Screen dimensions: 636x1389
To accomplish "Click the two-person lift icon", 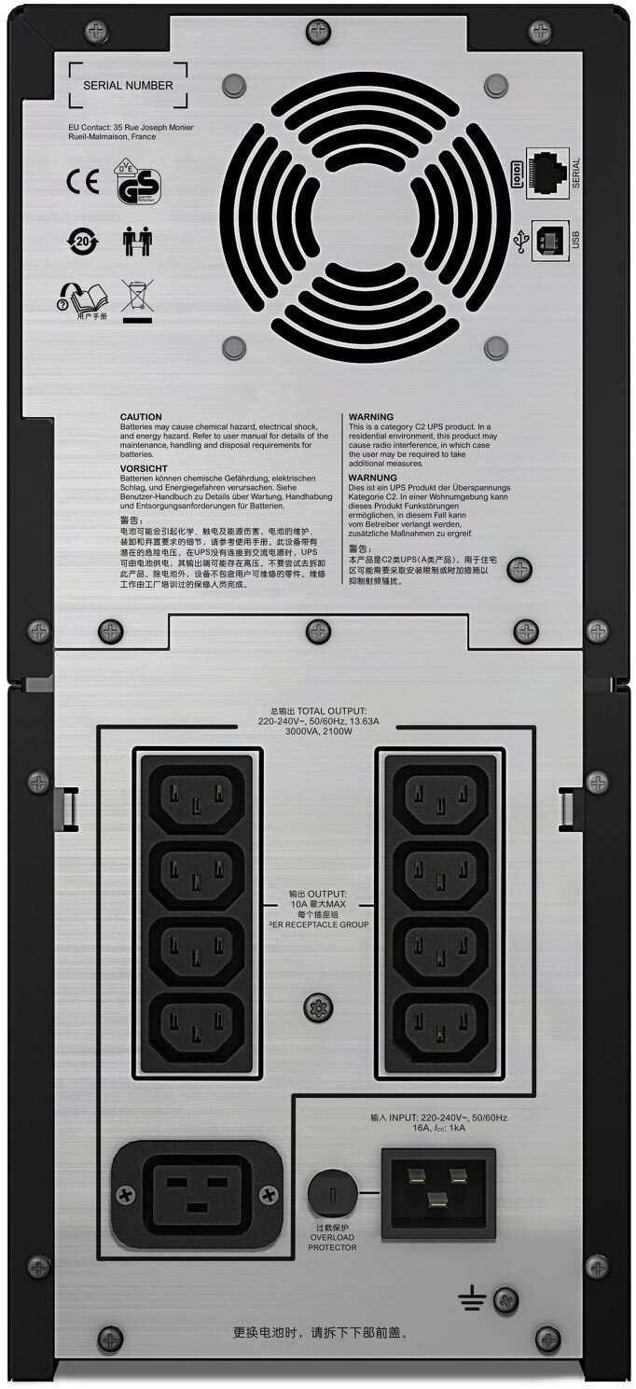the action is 132,241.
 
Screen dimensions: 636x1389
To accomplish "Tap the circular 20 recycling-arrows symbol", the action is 82,241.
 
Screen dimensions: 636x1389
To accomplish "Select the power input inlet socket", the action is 437,1192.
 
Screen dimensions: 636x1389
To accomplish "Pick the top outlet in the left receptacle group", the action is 196,799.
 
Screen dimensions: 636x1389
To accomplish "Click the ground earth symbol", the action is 471,1299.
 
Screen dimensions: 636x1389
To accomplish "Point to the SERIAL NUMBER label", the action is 128,85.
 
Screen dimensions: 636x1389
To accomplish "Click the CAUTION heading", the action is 141,417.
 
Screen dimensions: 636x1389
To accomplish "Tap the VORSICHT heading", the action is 144,467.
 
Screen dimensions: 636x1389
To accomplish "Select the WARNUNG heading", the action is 372,477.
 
